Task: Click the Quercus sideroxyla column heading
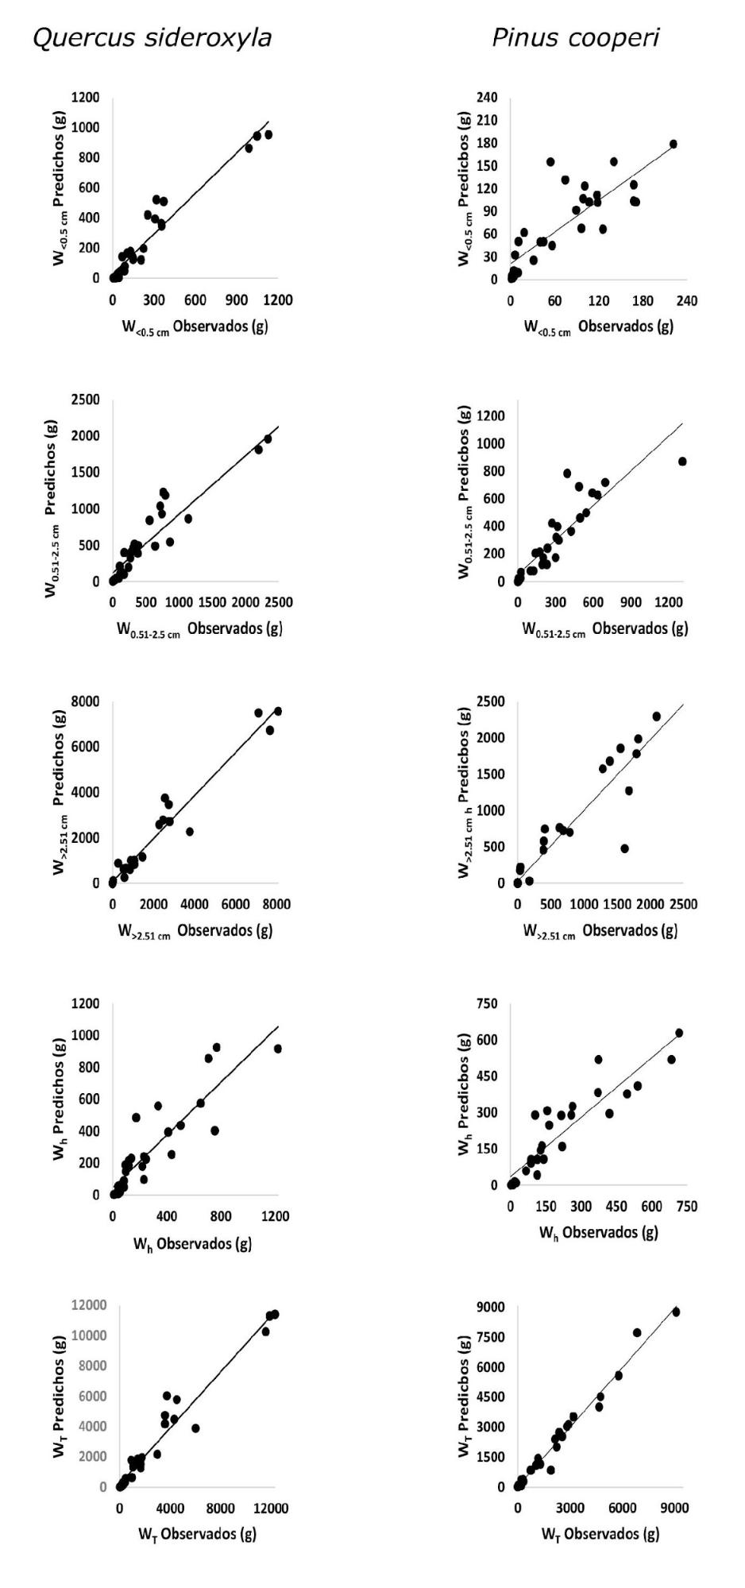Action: pyautogui.click(x=152, y=38)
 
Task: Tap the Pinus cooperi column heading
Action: pyautogui.click(x=575, y=38)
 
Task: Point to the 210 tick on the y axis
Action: pyautogui.click(x=487, y=121)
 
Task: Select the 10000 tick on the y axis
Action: pyautogui.click(x=86, y=1335)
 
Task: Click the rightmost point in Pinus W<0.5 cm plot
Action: pyautogui.click(x=674, y=145)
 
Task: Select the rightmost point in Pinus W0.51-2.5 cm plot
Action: pyautogui.click(x=682, y=462)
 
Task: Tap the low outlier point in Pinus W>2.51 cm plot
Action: pyautogui.click(x=625, y=848)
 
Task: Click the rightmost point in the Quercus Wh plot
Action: pyautogui.click(x=277, y=1049)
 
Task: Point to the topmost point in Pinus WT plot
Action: pyautogui.click(x=676, y=1312)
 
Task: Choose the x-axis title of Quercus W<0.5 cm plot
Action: pyautogui.click(x=195, y=328)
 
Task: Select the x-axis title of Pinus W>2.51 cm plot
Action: pyautogui.click(x=600, y=931)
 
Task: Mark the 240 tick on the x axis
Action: pyautogui.click(x=687, y=300)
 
